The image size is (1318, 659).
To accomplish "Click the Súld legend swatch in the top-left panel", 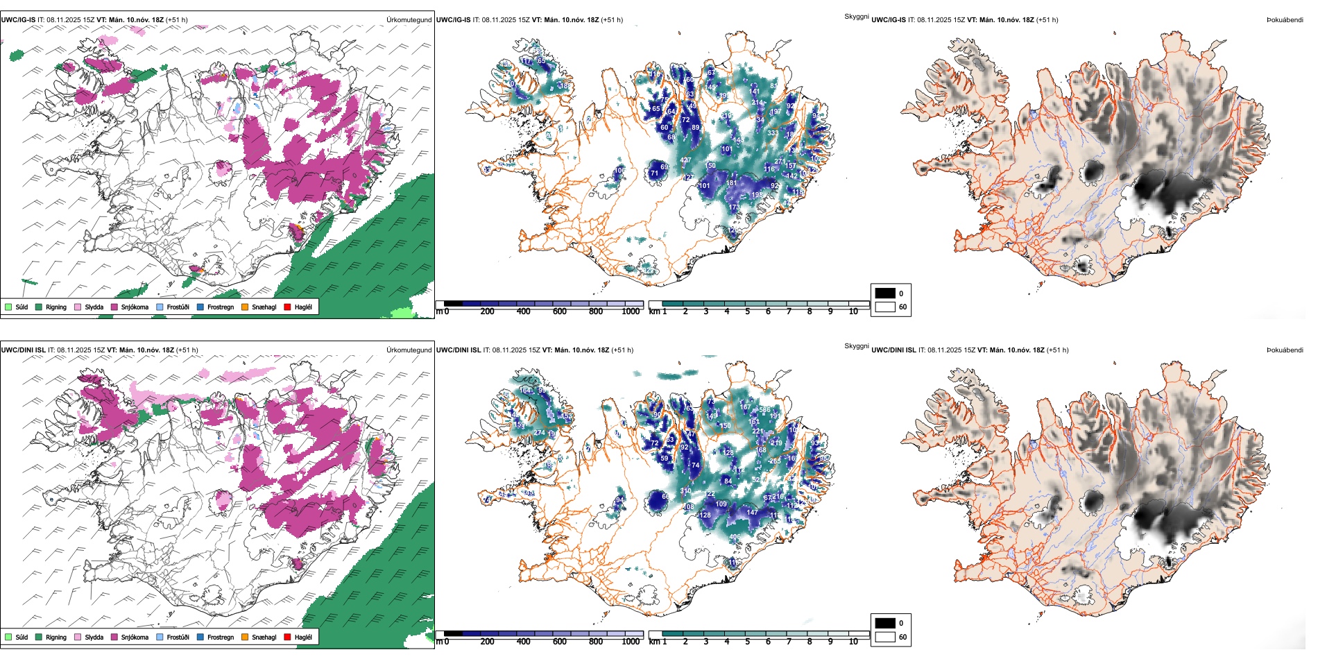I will coord(8,307).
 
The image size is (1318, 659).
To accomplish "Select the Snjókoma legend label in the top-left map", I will coord(135,307).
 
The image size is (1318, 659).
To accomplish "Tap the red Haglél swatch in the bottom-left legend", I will coord(287,637).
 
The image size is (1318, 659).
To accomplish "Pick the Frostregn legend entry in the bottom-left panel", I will coord(220,637).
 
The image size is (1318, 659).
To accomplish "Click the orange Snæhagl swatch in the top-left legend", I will coord(245,307).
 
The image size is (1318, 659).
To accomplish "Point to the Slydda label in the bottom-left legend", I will coord(94,637).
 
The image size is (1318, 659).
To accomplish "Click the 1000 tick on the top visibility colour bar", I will coord(631,311).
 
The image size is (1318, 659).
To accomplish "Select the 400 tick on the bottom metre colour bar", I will coord(523,642).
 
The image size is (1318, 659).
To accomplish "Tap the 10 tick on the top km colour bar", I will coord(853,311).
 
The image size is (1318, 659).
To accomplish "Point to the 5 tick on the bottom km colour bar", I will coord(748,642).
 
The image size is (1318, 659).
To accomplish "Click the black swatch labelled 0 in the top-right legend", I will coord(885,293).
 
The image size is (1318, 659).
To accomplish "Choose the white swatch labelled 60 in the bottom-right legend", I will coord(885,636).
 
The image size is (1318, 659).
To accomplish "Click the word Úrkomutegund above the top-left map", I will coord(409,20).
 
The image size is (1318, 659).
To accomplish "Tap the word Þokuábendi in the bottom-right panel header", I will coord(1285,350).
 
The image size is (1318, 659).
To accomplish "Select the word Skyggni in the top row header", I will coord(857,16).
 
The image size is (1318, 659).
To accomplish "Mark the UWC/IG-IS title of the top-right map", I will coord(889,20).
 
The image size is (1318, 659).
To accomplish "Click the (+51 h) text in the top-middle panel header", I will coord(611,20).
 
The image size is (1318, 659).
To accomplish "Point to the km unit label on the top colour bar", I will coord(654,311).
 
